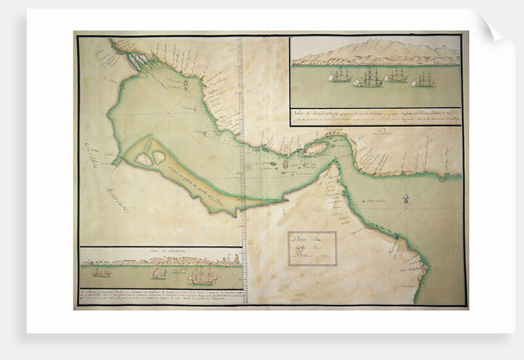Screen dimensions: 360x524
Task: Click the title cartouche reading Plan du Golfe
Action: point(312,248)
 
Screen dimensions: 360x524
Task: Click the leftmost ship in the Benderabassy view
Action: point(340,76)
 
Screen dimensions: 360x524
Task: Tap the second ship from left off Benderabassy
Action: point(369,78)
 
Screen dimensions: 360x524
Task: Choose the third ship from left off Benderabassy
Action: point(396,76)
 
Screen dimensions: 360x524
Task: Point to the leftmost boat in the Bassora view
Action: point(99,271)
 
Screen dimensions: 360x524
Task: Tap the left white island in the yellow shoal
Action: point(144,160)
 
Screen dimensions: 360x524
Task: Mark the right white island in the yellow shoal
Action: point(159,157)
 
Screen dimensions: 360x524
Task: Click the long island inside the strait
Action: point(314,149)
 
